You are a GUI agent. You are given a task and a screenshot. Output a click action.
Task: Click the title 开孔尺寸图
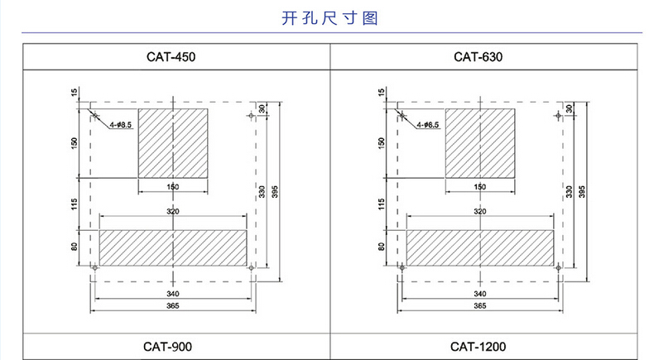click(x=326, y=17)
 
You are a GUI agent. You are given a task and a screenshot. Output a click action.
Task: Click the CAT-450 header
click(x=173, y=57)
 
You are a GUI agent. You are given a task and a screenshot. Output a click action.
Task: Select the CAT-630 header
click(x=478, y=57)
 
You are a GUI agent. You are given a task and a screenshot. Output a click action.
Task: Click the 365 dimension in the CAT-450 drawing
click(x=173, y=306)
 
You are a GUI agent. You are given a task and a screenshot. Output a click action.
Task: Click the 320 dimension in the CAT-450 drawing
click(x=173, y=213)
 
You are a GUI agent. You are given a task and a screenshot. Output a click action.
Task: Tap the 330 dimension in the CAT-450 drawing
click(x=262, y=192)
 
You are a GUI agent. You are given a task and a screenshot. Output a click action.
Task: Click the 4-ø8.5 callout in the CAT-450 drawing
click(x=121, y=124)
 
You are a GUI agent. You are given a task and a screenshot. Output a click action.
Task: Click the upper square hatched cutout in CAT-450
click(x=173, y=142)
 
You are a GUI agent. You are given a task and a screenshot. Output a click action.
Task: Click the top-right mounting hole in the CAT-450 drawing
click(x=252, y=115)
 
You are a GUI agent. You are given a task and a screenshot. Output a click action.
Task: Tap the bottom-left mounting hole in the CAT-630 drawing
click(x=402, y=267)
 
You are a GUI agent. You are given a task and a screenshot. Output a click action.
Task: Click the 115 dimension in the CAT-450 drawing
click(x=74, y=204)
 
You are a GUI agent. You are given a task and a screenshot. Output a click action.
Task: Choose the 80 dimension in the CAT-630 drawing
click(x=381, y=247)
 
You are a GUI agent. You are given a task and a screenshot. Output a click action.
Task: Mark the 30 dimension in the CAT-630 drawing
click(x=570, y=108)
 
